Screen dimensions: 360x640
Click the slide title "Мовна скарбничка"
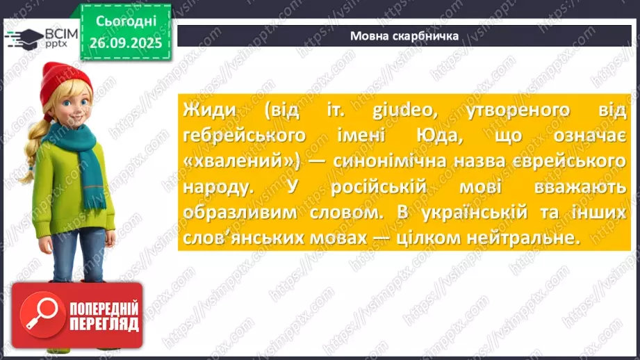[404, 36]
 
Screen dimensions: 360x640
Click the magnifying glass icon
[39, 316]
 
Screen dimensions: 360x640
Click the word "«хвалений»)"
[230, 161]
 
